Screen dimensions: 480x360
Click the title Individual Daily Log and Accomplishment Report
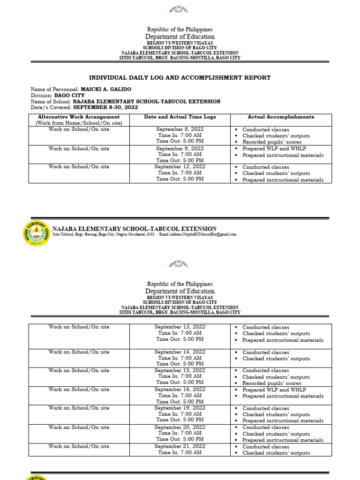pos(180,78)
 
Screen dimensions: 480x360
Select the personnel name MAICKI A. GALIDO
pos(106,89)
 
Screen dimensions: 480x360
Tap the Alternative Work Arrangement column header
pos(79,117)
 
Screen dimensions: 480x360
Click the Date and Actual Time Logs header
pos(180,117)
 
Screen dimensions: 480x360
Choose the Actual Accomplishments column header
pos(281,117)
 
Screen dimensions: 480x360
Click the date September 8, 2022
pos(180,129)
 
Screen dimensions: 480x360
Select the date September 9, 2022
pos(180,148)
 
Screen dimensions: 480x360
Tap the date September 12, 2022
pos(180,167)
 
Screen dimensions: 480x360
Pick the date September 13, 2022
pos(180,327)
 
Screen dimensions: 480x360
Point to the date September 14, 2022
pos(180,352)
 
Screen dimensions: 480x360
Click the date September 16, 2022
pos(180,390)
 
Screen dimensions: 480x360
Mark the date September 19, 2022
pos(180,408)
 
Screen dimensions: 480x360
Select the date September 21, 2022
pos(180,447)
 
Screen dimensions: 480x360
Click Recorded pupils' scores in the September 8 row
pos(272,142)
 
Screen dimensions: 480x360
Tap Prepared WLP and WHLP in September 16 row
pos(274,390)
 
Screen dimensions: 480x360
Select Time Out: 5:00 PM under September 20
pos(180,440)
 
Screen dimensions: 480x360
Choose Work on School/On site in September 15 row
pos(79,371)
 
